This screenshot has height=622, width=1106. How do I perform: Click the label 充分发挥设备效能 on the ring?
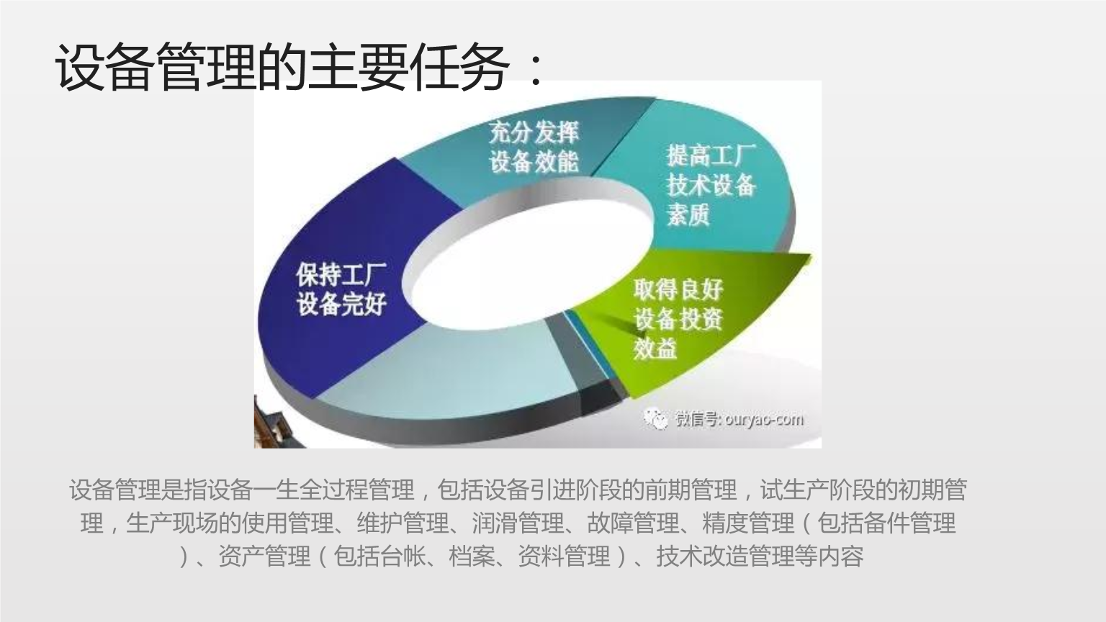pyautogui.click(x=534, y=147)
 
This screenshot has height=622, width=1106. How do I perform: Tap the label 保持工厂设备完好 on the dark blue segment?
pyautogui.click(x=341, y=289)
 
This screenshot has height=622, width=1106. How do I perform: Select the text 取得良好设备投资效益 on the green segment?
pyautogui.click(x=678, y=319)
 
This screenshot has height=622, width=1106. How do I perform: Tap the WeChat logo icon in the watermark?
pyautogui.click(x=656, y=418)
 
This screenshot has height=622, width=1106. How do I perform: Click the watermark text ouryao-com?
pyautogui.click(x=764, y=419)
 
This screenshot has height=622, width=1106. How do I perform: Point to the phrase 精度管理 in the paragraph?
pyautogui.click(x=748, y=523)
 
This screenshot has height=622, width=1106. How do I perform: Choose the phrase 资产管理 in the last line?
pyautogui.click(x=264, y=556)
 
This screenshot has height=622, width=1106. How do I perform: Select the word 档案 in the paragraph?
pyautogui.click(x=472, y=556)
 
